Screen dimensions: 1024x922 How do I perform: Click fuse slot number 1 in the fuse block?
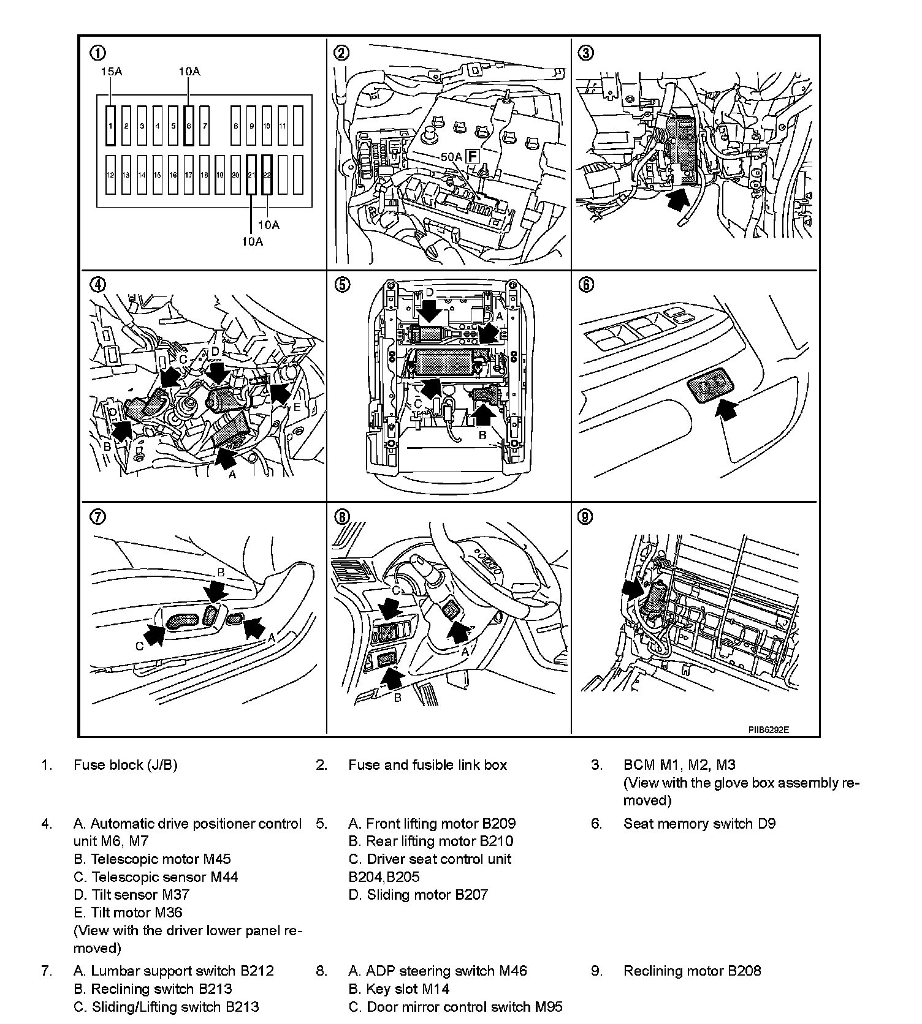[110, 126]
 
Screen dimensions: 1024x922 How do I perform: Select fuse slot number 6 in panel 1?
[189, 126]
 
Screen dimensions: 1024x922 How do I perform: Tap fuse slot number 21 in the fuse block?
[251, 175]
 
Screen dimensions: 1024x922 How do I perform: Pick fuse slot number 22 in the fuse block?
[267, 175]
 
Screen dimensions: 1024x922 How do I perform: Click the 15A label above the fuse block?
[112, 72]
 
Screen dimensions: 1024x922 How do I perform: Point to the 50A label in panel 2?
[451, 157]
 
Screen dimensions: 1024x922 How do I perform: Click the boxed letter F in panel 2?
[472, 156]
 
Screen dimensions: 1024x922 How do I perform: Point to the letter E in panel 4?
[297, 407]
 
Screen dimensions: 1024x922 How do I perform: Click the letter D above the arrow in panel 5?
[430, 293]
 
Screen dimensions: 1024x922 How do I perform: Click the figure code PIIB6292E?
[768, 729]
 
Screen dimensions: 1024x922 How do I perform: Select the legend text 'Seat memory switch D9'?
[699, 824]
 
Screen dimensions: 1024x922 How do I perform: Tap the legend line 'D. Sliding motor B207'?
[418, 895]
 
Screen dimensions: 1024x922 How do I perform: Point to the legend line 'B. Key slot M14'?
[399, 988]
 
